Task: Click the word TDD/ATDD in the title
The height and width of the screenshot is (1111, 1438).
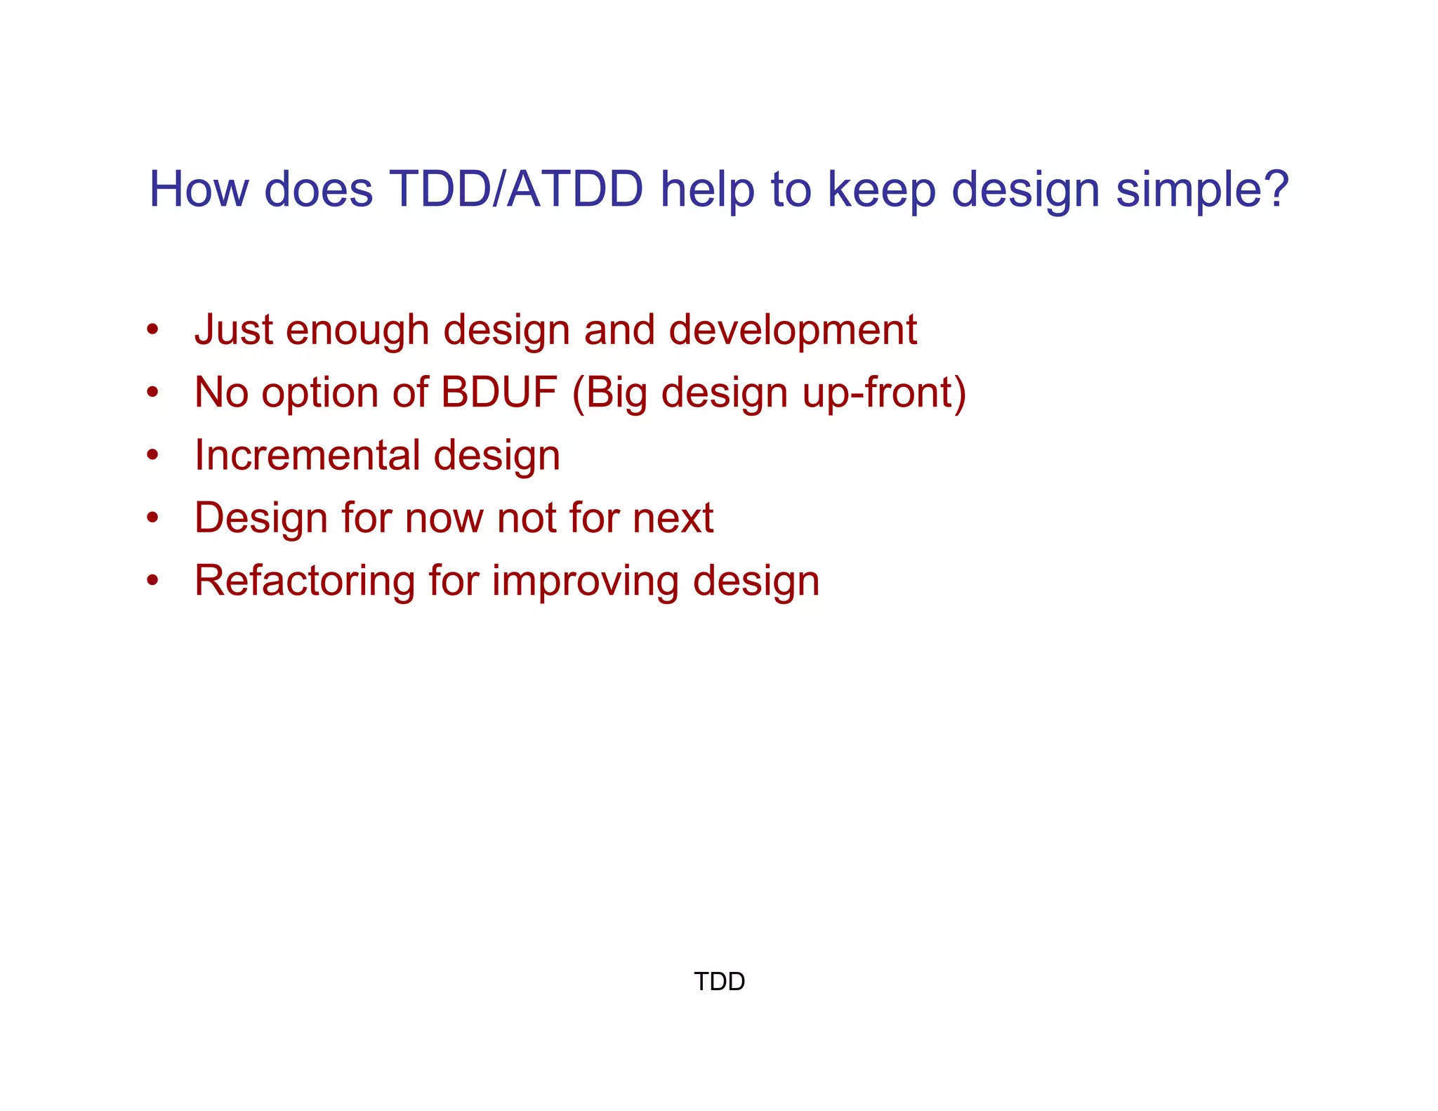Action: [x=515, y=190]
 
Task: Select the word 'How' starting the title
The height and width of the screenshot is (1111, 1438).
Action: [x=199, y=190]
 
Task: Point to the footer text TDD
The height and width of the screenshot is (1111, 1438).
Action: [x=719, y=981]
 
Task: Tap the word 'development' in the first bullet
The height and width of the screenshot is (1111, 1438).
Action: [x=792, y=331]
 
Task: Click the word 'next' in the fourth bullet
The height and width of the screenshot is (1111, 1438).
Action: [x=672, y=518]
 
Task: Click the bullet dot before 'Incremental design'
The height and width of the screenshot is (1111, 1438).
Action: [x=152, y=455]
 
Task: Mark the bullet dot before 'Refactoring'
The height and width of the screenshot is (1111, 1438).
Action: [x=152, y=581]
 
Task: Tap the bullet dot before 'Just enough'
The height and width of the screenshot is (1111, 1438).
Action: [x=152, y=329]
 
